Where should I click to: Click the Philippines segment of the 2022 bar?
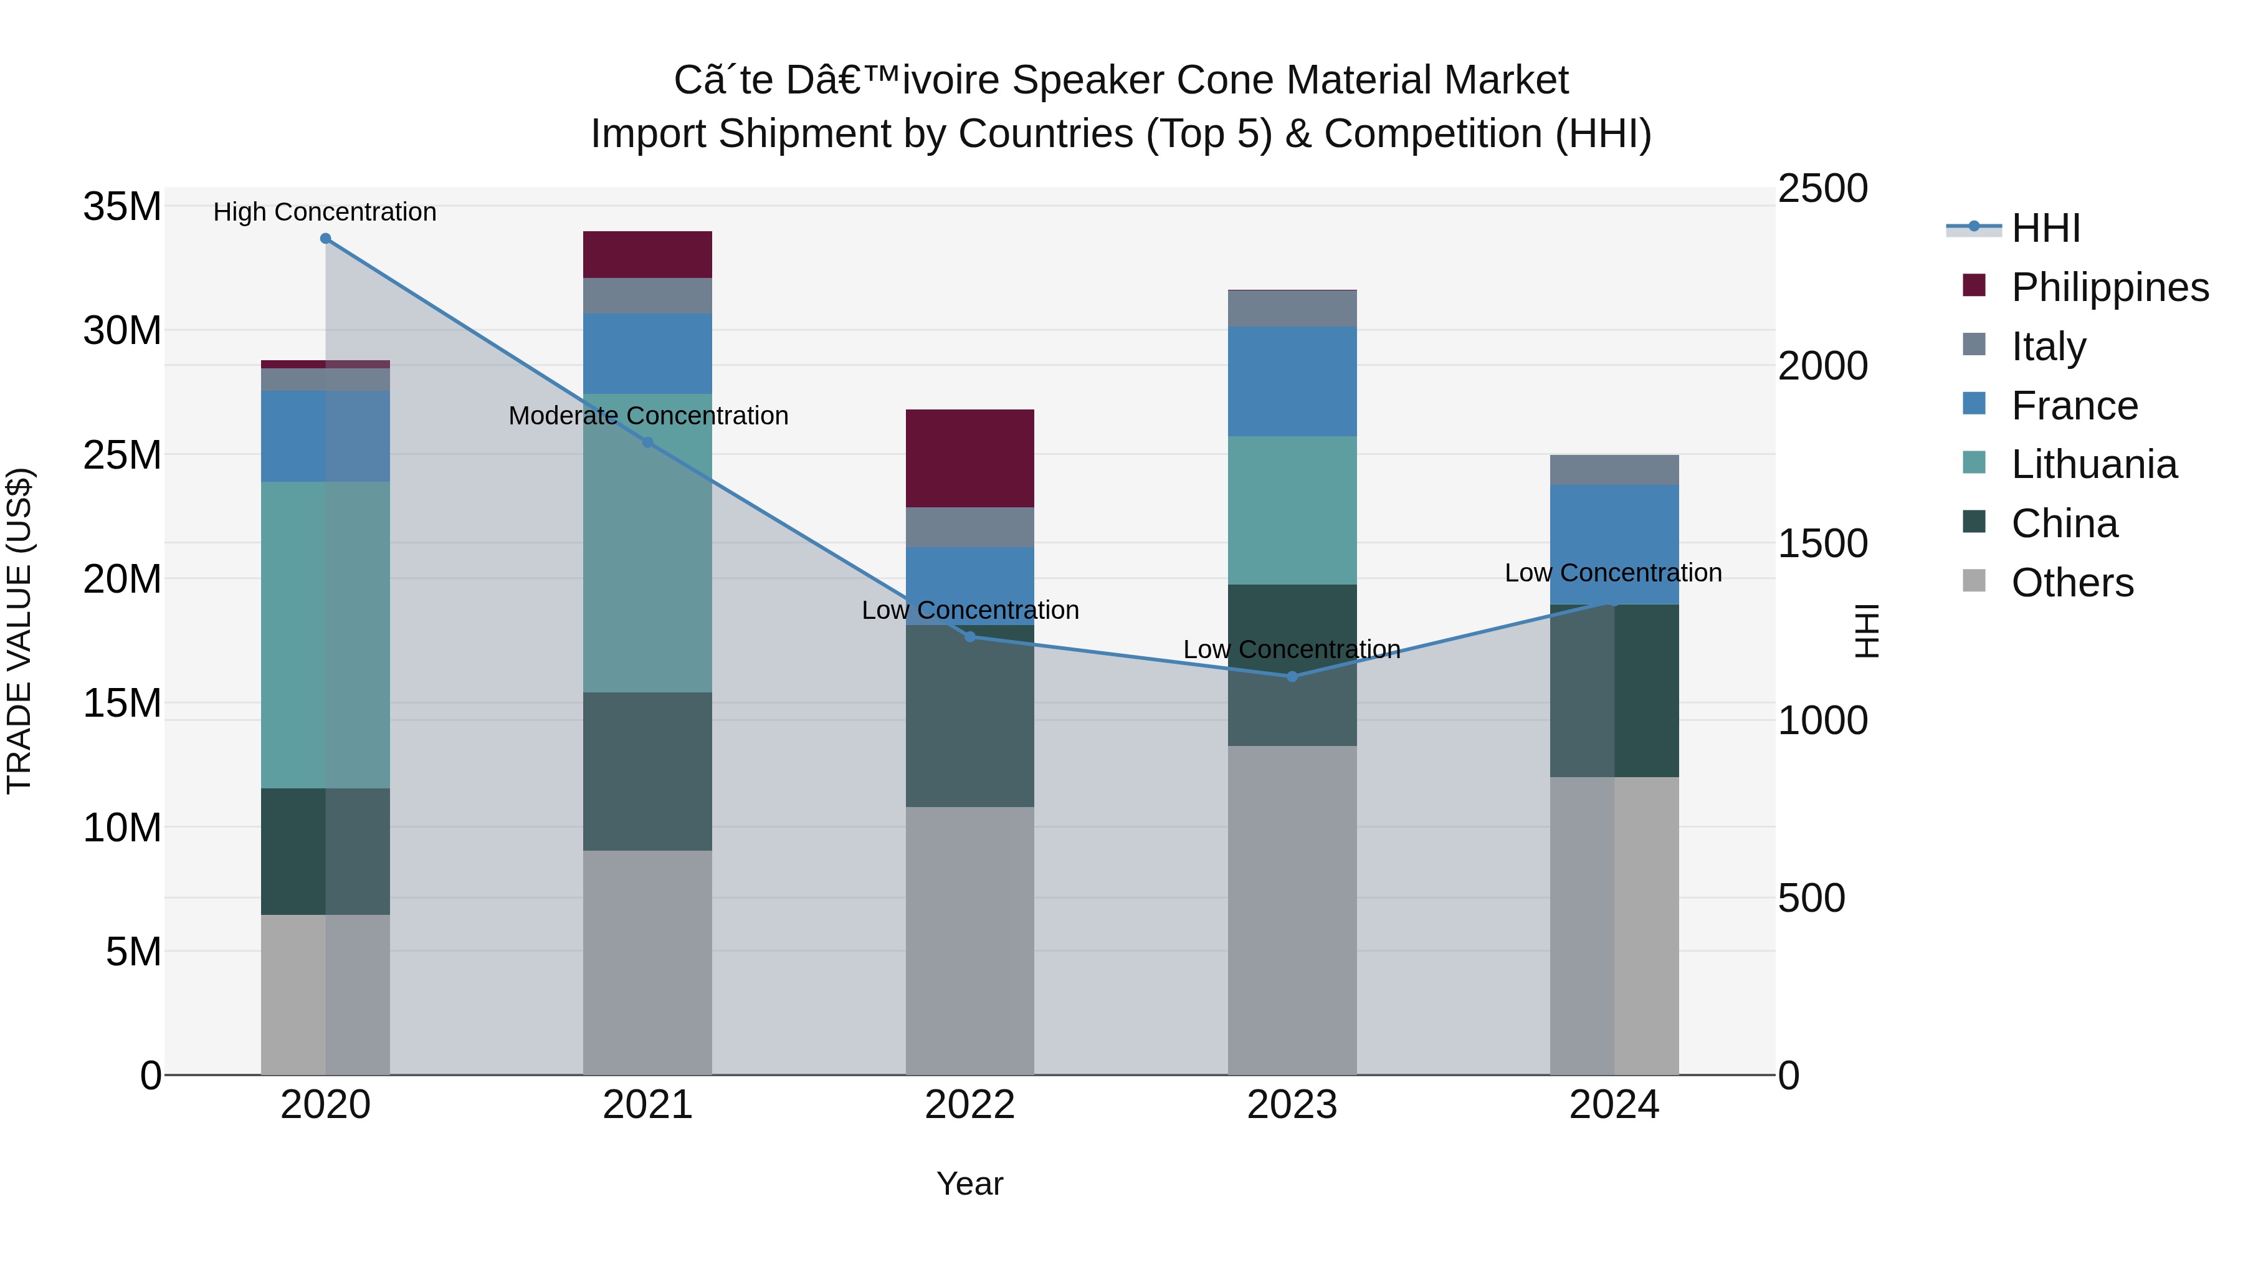[x=970, y=458]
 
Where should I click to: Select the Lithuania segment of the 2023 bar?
[x=1292, y=510]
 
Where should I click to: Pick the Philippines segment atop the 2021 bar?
[x=648, y=254]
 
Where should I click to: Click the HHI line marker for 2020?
[x=326, y=239]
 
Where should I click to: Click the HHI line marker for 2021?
[x=648, y=442]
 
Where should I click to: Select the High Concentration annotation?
[x=325, y=212]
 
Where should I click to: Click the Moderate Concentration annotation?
[x=649, y=416]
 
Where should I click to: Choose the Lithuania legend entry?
[x=2094, y=464]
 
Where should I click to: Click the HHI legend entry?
[x=2046, y=228]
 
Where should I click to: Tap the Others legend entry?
[x=2072, y=583]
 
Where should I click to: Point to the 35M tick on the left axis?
[x=122, y=208]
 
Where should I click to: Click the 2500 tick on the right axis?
[x=1822, y=188]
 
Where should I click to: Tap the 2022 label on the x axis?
[x=970, y=1105]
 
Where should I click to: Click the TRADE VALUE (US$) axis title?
[x=20, y=631]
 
